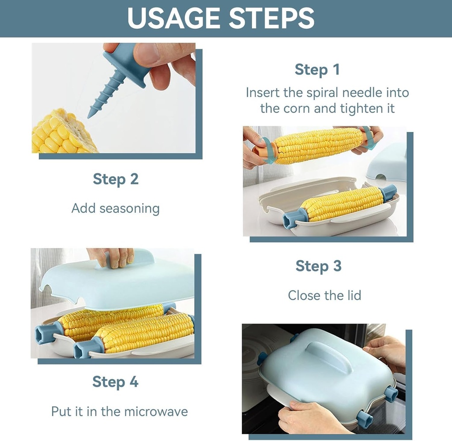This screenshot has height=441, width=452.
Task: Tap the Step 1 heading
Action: tap(317, 70)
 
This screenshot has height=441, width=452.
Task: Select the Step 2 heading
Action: tap(116, 179)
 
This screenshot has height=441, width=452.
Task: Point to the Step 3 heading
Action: tap(318, 266)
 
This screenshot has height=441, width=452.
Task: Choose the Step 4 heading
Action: tap(115, 382)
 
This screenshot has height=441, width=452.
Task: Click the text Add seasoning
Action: tap(116, 208)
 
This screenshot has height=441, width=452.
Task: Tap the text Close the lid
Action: tap(324, 295)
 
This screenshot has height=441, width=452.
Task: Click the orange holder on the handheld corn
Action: tap(265, 151)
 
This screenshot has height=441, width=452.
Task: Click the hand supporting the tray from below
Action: tap(309, 417)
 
